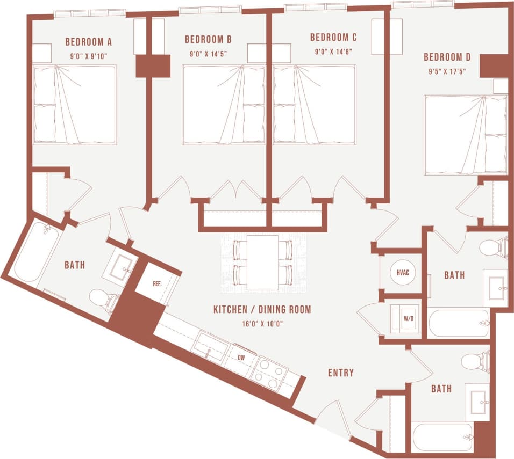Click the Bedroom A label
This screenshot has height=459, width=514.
(88, 41)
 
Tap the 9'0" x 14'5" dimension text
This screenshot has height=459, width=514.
(208, 54)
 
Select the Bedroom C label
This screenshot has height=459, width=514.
(333, 38)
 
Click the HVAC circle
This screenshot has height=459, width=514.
(403, 273)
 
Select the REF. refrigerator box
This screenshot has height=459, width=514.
(157, 283)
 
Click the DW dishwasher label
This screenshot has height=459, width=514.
(241, 356)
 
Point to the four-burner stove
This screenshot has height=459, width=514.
(269, 372)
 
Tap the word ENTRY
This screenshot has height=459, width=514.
(341, 373)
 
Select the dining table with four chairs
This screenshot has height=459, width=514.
(263, 262)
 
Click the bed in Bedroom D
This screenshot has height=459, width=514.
(465, 135)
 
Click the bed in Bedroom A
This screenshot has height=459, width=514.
(75, 105)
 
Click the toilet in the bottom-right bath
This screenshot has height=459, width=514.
(477, 361)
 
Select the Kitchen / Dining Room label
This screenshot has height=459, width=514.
(262, 310)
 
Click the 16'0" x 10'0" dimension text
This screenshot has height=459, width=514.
(262, 323)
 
